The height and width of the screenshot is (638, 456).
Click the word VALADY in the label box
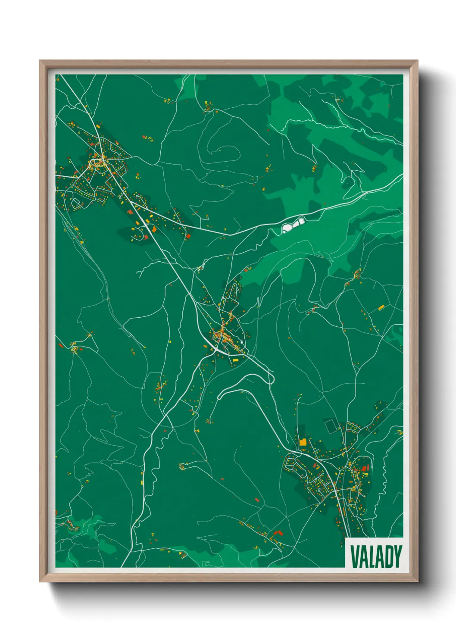click(x=376, y=557)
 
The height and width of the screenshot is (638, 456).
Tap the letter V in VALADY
click(x=354, y=557)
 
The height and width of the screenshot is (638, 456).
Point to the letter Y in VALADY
click(x=398, y=557)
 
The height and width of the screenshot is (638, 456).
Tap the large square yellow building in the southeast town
click(x=303, y=442)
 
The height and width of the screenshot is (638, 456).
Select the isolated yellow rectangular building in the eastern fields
click(x=381, y=307)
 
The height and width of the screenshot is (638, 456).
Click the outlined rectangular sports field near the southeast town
click(x=331, y=426)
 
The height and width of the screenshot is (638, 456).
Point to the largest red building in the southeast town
click(x=365, y=468)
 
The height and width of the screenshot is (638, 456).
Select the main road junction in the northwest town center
click(x=102, y=163)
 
